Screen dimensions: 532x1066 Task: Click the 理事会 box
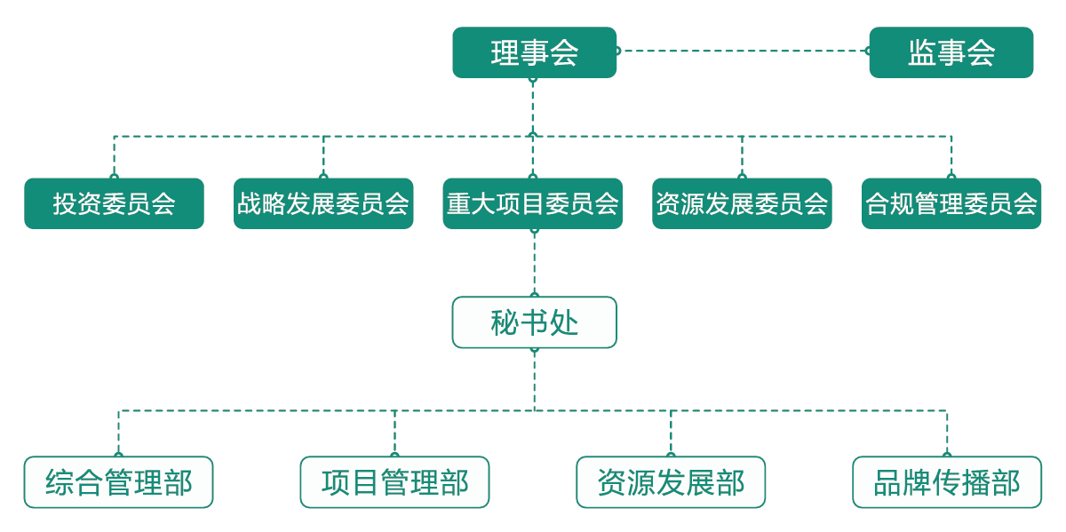534,52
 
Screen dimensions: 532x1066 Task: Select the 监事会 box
951,52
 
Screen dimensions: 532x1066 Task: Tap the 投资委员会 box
114,203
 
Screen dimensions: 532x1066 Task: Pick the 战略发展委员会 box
323,203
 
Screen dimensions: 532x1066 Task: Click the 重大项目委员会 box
533,203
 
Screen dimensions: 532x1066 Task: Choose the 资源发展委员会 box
742,203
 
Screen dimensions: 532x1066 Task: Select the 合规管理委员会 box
951,203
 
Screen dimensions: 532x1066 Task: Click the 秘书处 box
534,322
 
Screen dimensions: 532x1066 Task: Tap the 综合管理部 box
118,482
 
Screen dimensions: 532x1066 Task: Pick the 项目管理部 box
394,482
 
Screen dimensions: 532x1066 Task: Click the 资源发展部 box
671,482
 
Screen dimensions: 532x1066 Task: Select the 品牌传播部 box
947,482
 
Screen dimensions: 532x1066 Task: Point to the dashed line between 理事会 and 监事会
742,51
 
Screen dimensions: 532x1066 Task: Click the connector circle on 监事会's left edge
869,51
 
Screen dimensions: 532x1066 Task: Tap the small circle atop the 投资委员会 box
114,177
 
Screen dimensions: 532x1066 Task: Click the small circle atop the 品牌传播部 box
947,456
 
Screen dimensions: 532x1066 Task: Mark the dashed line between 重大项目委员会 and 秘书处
534,263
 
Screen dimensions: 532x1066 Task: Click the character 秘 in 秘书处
505,322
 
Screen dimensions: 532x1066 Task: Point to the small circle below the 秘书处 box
534,349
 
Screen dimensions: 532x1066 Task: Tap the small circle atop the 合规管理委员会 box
951,177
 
